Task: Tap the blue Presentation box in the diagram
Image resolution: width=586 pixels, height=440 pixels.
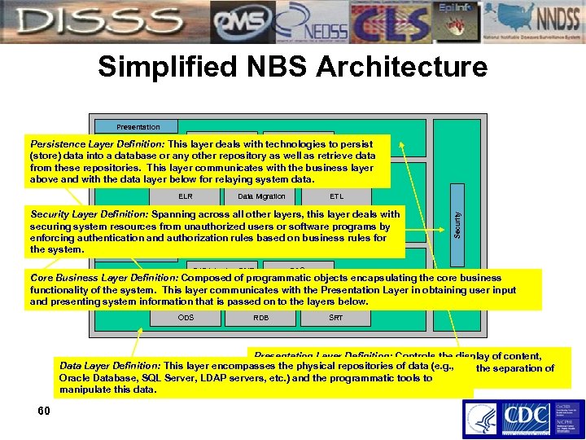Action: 138,126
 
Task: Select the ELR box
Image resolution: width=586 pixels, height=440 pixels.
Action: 185,196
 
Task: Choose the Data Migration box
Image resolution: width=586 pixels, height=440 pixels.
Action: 261,196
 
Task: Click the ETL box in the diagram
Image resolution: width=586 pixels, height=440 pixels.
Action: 336,196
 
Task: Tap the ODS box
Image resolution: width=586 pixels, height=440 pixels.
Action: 186,317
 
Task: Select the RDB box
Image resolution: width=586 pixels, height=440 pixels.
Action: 260,317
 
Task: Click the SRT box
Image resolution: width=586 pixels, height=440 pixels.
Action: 335,317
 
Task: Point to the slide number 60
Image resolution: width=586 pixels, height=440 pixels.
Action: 44,411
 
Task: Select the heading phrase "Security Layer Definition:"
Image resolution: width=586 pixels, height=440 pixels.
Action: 88,214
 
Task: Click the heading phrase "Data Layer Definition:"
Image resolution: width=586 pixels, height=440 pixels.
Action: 110,366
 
